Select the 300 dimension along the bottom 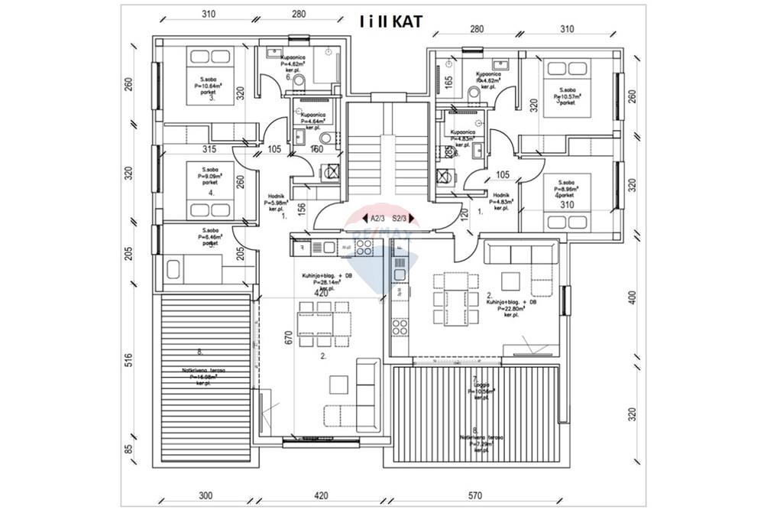[x=206, y=495]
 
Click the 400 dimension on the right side [x=632, y=297]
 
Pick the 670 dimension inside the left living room [x=289, y=337]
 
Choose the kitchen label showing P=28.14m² [x=327, y=281]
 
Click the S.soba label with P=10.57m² [x=566, y=97]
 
